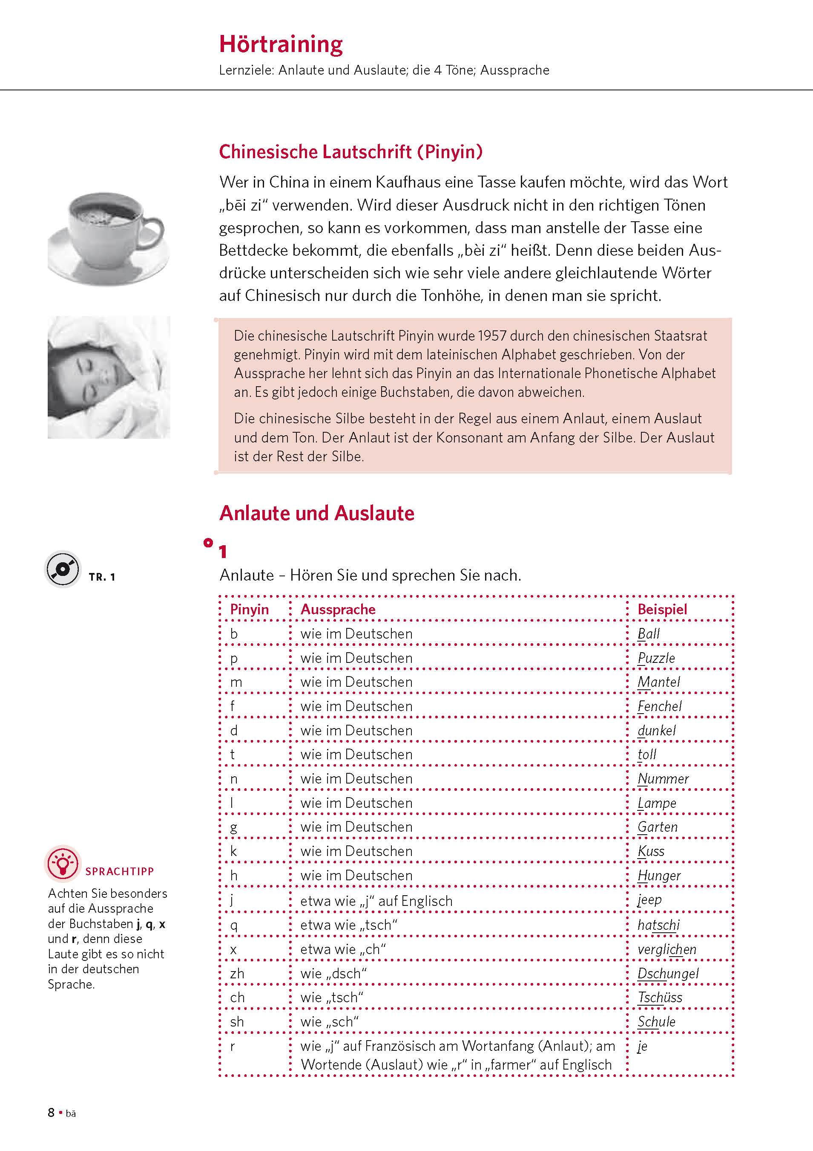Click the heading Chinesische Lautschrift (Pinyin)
pyautogui.click(x=350, y=151)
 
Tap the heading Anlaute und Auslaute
pyautogui.click(x=316, y=513)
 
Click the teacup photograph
pyautogui.click(x=109, y=236)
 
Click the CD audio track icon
pyautogui.click(x=63, y=569)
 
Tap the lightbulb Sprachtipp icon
pyautogui.click(x=63, y=863)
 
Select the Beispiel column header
pyautogui.click(x=662, y=609)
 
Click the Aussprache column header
pyautogui.click(x=338, y=609)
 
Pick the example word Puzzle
pyautogui.click(x=656, y=658)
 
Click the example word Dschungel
pyautogui.click(x=668, y=973)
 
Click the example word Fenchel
pyautogui.click(x=659, y=706)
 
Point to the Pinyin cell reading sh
pyautogui.click(x=237, y=1022)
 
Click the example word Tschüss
pyautogui.click(x=660, y=997)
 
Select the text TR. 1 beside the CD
pyautogui.click(x=102, y=577)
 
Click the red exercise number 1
pyautogui.click(x=223, y=552)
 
